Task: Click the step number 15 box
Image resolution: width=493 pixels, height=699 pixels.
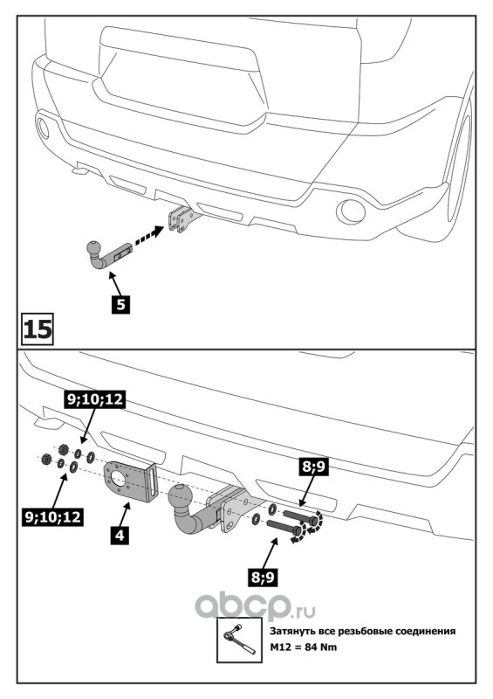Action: pos(38,329)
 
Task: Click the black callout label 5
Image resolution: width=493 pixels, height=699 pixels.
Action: pos(120,304)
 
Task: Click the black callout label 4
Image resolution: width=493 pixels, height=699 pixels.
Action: pos(120,535)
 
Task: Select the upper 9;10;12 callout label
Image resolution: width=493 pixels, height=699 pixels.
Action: pos(94,399)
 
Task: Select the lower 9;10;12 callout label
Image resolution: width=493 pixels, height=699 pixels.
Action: pos(53,516)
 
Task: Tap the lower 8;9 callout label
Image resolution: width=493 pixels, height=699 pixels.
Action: pos(263,578)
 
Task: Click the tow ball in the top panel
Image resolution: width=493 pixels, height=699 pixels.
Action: pos(95,247)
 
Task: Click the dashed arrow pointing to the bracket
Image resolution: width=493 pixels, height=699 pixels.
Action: pos(147,235)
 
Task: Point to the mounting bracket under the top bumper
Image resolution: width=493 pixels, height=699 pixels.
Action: pos(182,219)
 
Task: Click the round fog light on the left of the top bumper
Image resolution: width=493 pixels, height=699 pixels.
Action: pos(43,128)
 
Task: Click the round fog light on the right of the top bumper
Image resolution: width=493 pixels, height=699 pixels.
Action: pos(351,211)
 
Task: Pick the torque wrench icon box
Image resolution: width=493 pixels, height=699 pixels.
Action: pos(239,640)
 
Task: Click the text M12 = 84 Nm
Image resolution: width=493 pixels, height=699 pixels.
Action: pos(304,647)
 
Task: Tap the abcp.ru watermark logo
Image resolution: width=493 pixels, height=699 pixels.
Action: pos(255,607)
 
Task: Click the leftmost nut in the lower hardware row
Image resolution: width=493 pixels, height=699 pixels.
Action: pos(45,459)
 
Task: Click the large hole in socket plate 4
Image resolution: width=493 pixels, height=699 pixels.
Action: pos(120,478)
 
